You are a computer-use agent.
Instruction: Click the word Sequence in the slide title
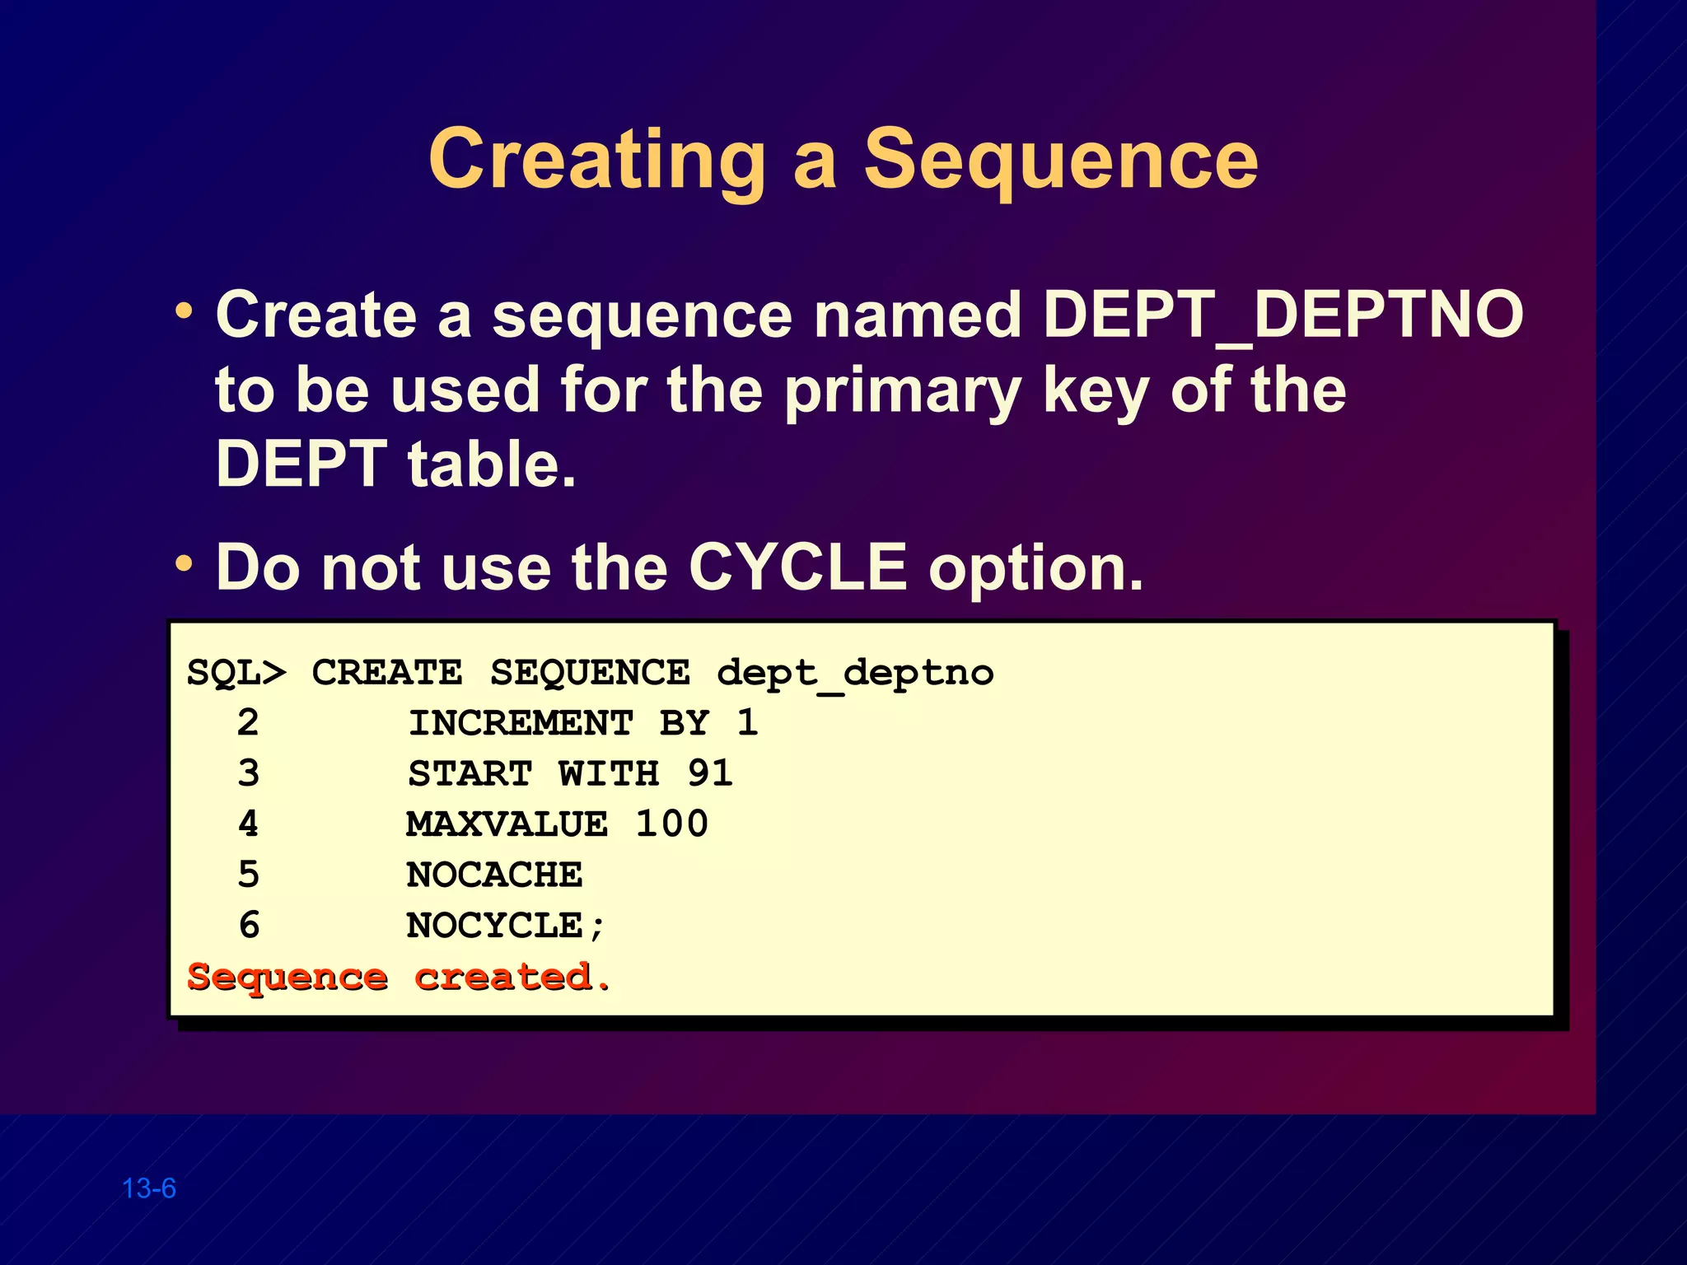click(1060, 160)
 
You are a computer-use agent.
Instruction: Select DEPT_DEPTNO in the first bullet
click(1283, 315)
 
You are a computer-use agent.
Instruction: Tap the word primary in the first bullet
click(902, 390)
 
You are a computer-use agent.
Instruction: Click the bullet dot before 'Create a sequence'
click(184, 312)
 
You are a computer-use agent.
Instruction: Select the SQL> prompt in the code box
click(236, 673)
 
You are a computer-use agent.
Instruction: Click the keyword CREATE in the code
click(386, 673)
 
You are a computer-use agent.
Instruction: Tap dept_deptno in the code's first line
click(855, 673)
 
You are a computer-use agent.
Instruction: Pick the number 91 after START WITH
click(710, 773)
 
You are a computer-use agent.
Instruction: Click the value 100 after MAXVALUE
click(671, 824)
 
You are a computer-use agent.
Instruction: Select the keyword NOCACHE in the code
click(494, 875)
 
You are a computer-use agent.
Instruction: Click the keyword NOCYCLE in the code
click(494, 926)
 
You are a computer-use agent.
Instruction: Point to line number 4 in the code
click(248, 824)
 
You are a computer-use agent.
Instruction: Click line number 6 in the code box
click(249, 926)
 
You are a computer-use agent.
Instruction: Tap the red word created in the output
click(502, 977)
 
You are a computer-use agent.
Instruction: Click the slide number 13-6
click(149, 1188)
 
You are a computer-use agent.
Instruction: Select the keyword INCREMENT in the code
click(521, 723)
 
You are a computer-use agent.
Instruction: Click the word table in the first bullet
click(491, 464)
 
